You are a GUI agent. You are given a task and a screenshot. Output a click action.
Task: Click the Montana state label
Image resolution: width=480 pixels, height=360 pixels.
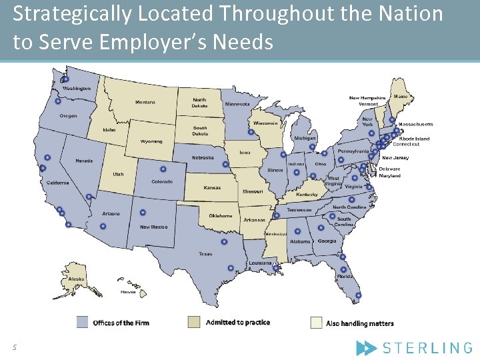(145, 103)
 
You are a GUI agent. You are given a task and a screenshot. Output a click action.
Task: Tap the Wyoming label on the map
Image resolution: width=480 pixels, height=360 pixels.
(151, 141)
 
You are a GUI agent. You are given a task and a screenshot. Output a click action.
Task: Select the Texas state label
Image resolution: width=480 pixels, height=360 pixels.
(205, 254)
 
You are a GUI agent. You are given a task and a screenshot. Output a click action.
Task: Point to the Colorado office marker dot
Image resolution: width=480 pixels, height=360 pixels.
(163, 169)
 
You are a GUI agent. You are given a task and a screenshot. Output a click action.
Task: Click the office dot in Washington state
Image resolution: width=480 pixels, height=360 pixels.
(65, 80)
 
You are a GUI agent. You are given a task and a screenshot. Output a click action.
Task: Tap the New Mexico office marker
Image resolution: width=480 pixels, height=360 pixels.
(143, 213)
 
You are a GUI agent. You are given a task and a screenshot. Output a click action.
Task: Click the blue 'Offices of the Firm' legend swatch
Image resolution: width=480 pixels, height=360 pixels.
(82, 323)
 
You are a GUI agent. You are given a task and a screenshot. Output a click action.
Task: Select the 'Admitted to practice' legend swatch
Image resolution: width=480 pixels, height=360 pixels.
(194, 323)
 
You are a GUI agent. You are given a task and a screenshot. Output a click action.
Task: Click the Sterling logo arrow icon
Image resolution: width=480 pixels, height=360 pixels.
(367, 347)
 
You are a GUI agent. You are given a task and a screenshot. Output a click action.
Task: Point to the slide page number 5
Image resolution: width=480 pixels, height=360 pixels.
(13, 347)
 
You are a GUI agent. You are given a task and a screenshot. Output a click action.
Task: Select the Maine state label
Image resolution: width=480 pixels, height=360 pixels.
(401, 97)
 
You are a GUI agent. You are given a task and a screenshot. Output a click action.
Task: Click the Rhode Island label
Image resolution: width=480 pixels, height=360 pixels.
(414, 139)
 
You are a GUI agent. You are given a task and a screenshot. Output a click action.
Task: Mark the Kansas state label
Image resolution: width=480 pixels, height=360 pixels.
(212, 188)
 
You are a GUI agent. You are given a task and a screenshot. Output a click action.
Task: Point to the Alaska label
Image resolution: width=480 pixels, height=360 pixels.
(76, 279)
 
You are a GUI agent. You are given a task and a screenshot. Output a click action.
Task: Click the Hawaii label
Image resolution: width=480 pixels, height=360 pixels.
(127, 292)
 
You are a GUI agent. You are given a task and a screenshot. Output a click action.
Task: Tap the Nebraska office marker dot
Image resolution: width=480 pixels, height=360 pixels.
(225, 164)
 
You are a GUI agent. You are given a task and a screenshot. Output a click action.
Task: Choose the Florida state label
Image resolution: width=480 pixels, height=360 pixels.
(344, 276)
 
